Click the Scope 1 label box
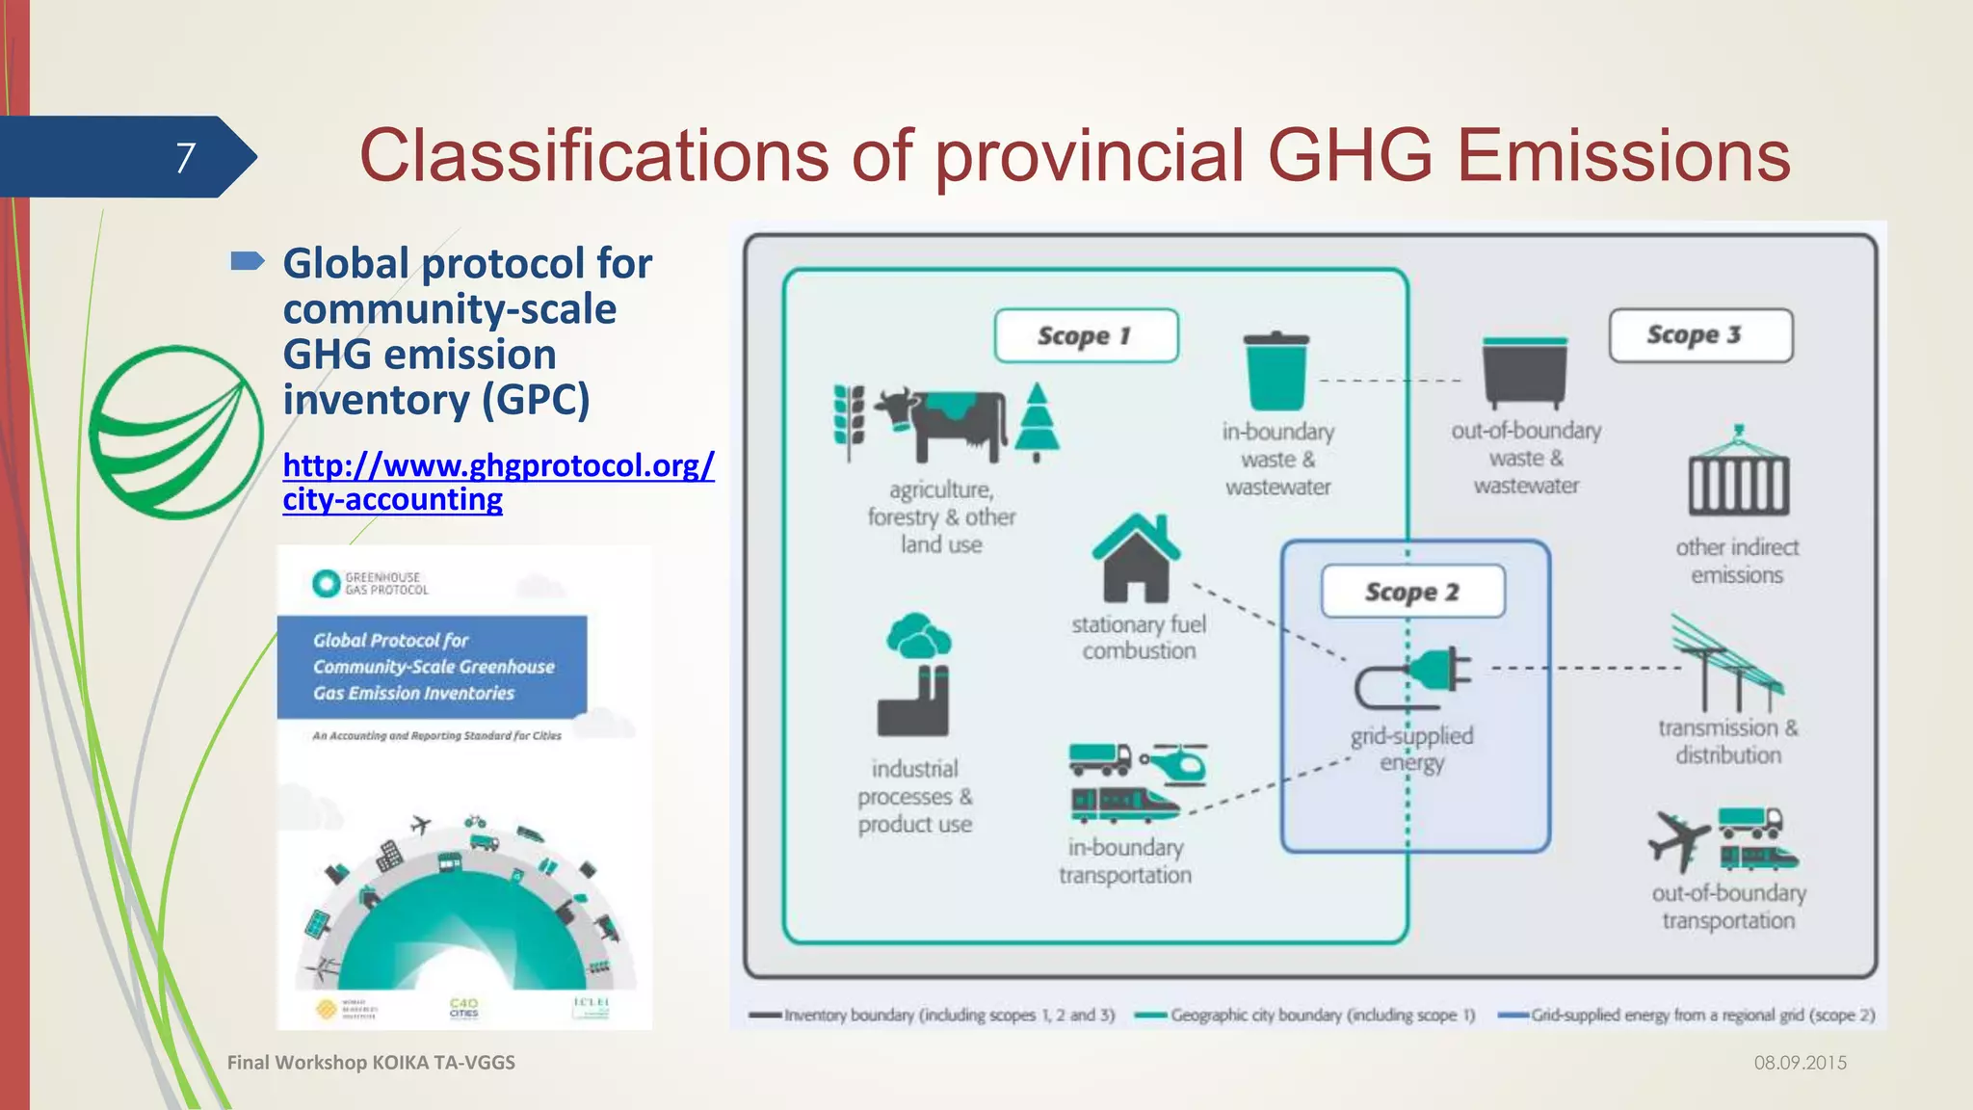click(x=1086, y=335)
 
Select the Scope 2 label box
click(x=1412, y=591)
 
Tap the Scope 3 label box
click(x=1700, y=334)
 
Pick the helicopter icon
click(x=1174, y=763)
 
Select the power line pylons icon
click(x=1724, y=665)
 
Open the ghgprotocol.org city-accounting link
click(x=497, y=482)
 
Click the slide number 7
click(x=186, y=157)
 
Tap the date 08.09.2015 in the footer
click(x=1800, y=1063)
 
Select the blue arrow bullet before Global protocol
click(x=248, y=261)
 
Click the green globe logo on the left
click(x=175, y=432)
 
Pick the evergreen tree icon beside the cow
click(x=1037, y=422)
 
